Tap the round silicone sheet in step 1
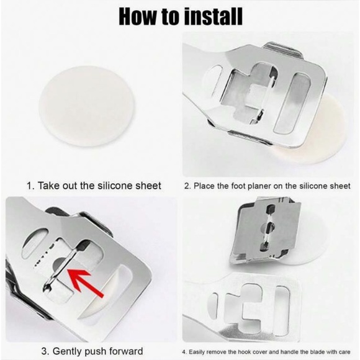[86, 106]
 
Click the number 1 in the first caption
[30, 186]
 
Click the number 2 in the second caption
[187, 186]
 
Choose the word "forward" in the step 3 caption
[126, 351]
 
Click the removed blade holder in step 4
[266, 232]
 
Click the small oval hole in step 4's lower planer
[212, 305]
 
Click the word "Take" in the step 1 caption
[47, 186]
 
